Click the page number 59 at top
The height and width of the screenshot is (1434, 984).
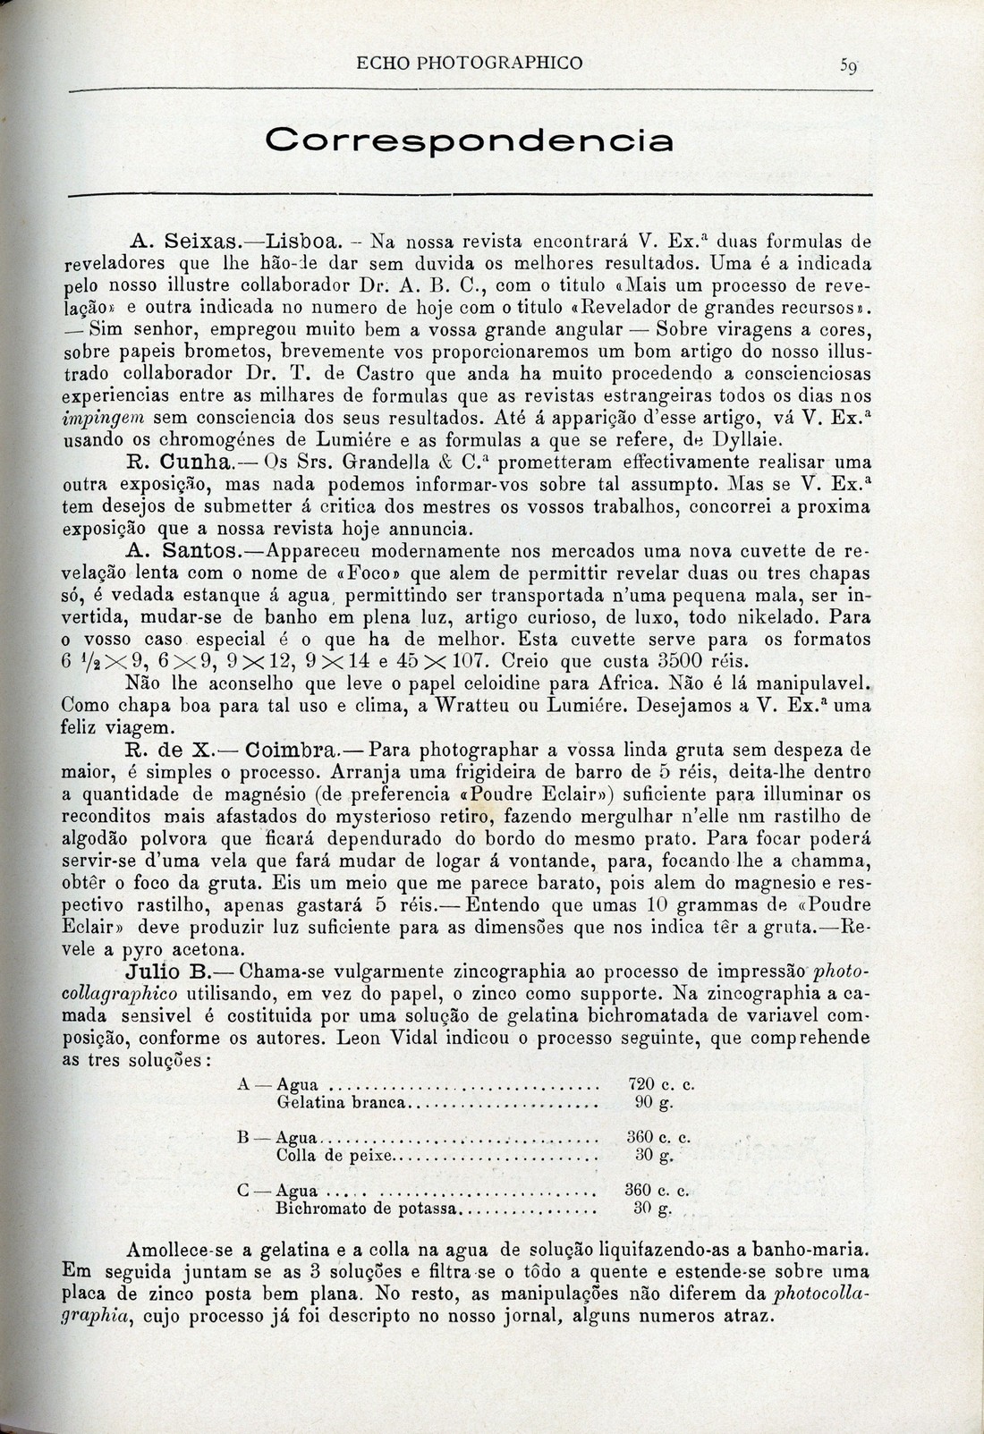pos(849,64)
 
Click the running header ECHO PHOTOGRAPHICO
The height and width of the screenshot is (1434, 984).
pos(470,63)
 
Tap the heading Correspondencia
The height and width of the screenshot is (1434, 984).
pos(470,141)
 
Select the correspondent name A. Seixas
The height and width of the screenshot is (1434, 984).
pos(184,241)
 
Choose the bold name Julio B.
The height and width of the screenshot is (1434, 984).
pos(169,971)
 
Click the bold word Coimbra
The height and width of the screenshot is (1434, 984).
pos(290,748)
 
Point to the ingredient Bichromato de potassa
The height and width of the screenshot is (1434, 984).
pos(367,1209)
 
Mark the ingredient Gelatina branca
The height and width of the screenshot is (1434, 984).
pos(343,1102)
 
